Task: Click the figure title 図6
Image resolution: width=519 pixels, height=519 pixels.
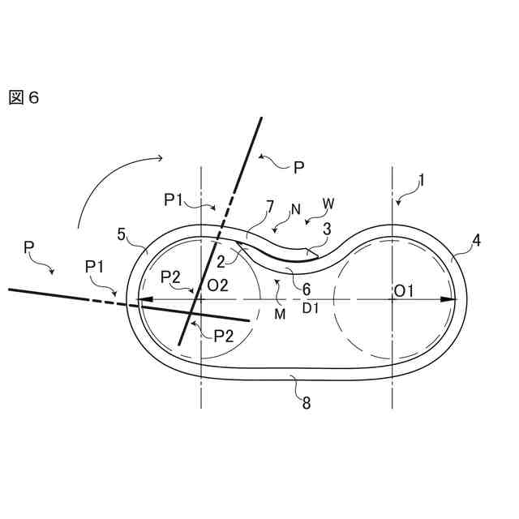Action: pos(24,98)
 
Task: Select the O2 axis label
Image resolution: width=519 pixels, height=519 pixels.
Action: pos(217,285)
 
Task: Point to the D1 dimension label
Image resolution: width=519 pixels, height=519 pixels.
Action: pos(311,309)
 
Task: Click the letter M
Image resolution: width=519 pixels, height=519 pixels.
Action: pos(280,314)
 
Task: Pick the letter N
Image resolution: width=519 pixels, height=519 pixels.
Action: pos(295,209)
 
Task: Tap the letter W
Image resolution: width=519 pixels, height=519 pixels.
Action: pos(328,200)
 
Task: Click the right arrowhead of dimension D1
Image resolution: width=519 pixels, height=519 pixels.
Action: pos(447,298)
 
